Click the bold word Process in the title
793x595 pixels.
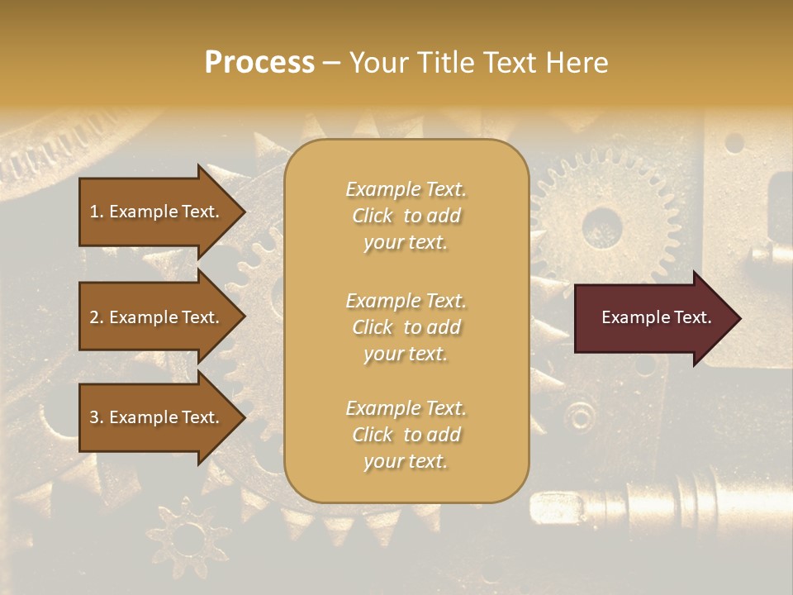coord(259,63)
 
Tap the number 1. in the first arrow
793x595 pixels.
coord(97,212)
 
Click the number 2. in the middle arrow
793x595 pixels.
coord(97,317)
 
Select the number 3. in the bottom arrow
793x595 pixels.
coord(97,417)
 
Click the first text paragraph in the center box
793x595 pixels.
coord(406,216)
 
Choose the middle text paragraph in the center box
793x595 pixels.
coord(406,326)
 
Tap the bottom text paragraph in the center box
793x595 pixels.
coord(406,435)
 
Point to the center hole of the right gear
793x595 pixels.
coord(601,224)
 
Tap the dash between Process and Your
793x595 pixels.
coord(331,63)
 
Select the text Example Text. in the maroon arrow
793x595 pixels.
coord(656,318)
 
